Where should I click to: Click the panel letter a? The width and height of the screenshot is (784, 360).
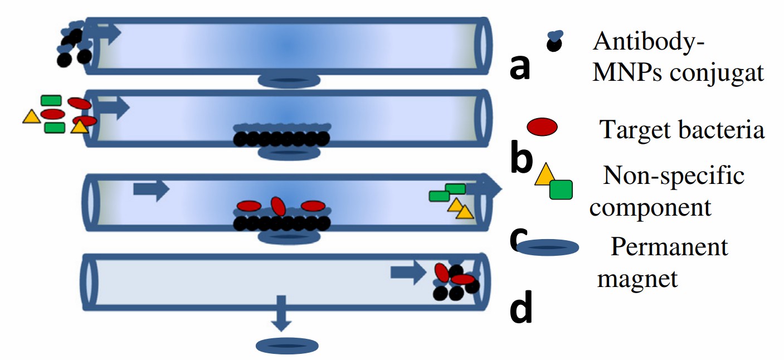click(520, 68)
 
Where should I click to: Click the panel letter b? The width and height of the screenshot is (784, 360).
click(522, 158)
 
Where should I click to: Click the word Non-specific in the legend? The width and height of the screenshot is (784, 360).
click(674, 176)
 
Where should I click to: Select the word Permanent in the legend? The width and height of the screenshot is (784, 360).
click(669, 246)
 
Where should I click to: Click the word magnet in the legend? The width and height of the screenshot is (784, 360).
click(637, 278)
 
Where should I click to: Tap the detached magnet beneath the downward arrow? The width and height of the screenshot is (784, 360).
click(288, 346)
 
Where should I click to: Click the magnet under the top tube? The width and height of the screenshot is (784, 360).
click(289, 81)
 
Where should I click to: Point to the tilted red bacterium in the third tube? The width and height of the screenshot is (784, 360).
click(278, 206)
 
